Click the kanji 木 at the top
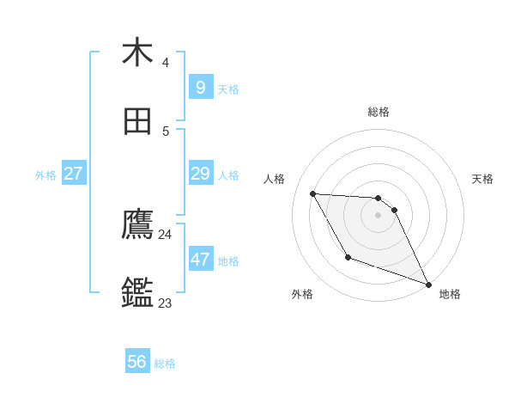coord(137,52)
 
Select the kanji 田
coord(137,122)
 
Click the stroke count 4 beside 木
coord(165,63)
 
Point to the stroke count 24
coord(165,235)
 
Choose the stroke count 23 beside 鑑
coord(165,303)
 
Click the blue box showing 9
coord(200,87)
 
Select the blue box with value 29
coord(200,174)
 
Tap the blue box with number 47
coord(200,260)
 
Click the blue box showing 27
coord(73,174)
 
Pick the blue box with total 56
coord(137,362)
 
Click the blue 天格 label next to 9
coord(228,89)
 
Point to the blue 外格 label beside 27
coord(45,175)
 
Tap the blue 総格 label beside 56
coord(165,364)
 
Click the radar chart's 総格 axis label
coord(378,112)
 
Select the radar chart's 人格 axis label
coord(275,179)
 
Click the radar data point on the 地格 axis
coord(428,284)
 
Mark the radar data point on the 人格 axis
coord(313,193)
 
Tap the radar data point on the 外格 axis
coord(348,257)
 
